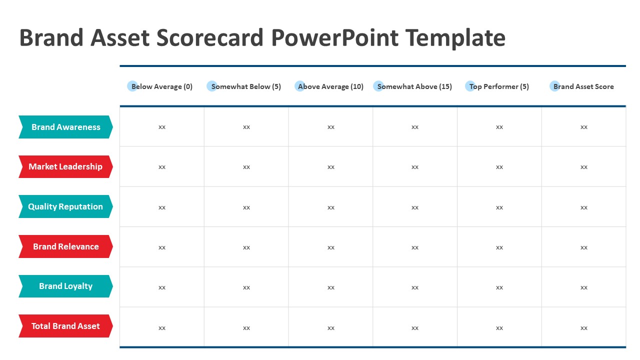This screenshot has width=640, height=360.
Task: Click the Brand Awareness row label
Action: click(x=65, y=127)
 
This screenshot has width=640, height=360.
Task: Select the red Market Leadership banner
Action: click(x=65, y=166)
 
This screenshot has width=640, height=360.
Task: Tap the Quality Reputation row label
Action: click(x=65, y=206)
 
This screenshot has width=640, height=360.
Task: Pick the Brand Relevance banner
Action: click(x=65, y=246)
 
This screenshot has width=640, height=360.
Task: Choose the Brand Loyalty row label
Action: click(x=65, y=286)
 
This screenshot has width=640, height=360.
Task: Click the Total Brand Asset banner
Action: click(x=65, y=326)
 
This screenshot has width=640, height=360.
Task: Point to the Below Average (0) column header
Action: click(x=161, y=86)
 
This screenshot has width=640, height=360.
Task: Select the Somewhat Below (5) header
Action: click(x=246, y=86)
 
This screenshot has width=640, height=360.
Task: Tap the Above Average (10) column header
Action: click(x=330, y=86)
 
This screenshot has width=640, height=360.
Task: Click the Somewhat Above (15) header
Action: click(x=414, y=86)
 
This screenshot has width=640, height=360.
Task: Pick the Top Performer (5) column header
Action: click(x=499, y=86)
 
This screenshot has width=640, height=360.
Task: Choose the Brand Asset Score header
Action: click(x=583, y=86)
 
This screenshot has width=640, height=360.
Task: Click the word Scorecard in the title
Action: click(x=209, y=37)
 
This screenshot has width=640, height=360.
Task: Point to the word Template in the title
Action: click(x=455, y=38)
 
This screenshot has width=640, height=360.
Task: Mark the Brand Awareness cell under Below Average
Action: click(x=162, y=127)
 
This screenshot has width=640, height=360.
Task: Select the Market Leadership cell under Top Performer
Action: click(x=499, y=167)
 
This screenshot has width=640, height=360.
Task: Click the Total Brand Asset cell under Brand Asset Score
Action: click(x=583, y=327)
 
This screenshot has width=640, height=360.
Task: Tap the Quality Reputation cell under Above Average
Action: click(x=330, y=207)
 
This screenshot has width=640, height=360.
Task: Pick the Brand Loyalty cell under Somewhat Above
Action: click(x=415, y=287)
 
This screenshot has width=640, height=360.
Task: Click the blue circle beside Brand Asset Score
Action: click(x=554, y=86)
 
